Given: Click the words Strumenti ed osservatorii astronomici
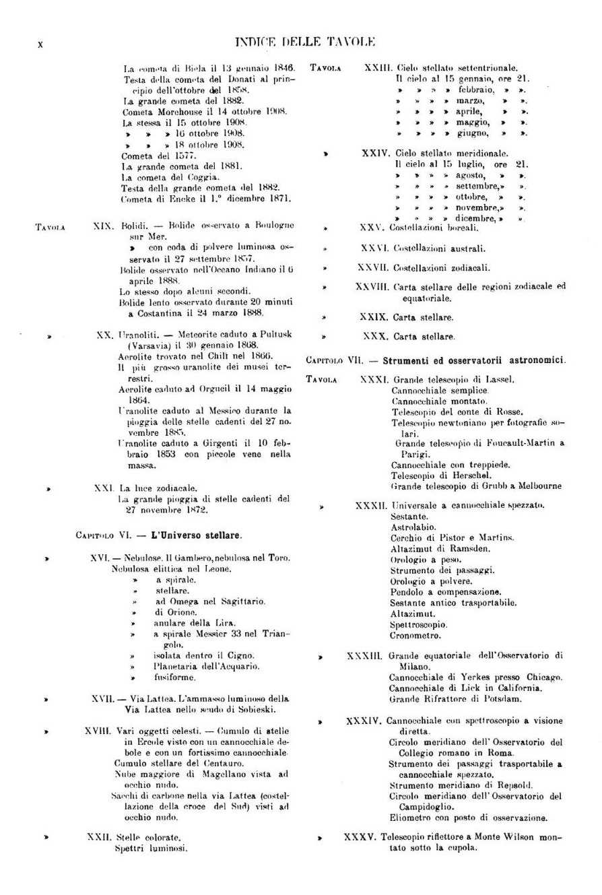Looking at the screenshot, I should (475, 360).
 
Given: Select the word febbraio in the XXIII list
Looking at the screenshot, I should (477, 89).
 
